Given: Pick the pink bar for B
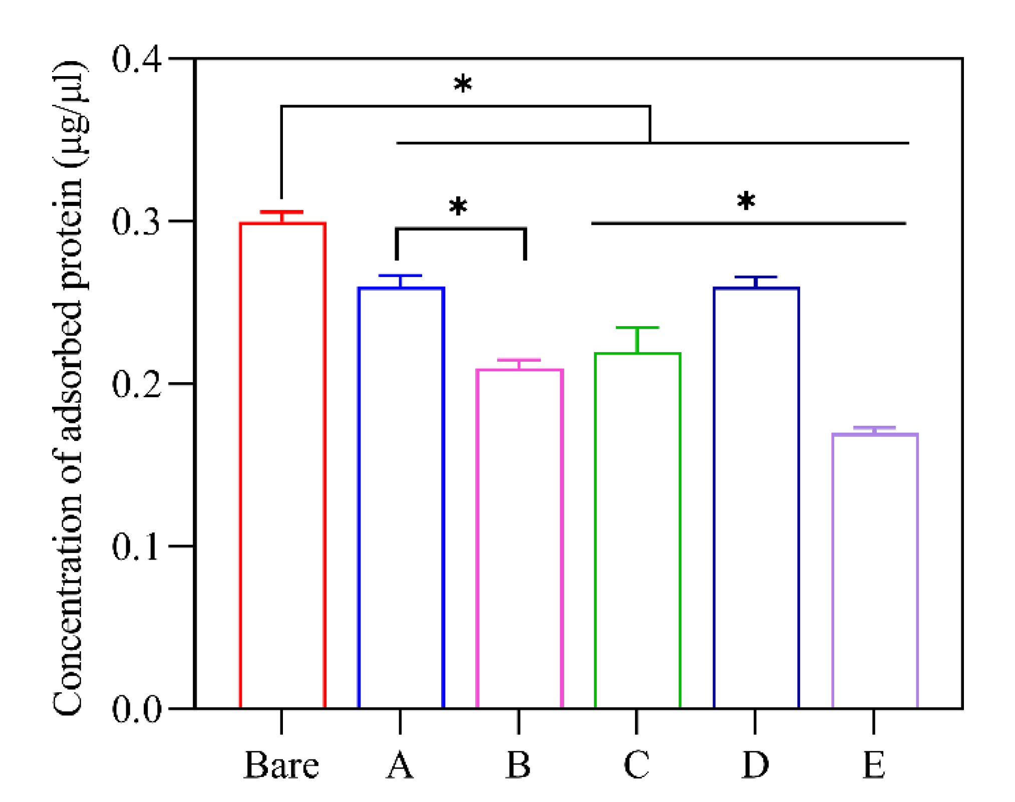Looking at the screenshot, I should [519, 538].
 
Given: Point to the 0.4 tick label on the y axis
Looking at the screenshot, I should [136, 60].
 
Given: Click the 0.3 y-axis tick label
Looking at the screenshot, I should [136, 221].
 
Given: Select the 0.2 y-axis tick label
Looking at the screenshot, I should [136, 384].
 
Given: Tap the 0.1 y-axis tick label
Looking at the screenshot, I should [136, 546].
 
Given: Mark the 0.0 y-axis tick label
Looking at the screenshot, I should [136, 709].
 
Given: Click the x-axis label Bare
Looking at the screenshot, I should [281, 765].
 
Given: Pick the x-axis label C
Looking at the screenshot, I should [636, 765].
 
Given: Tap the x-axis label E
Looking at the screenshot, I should [874, 765].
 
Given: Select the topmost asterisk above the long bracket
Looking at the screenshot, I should [463, 84].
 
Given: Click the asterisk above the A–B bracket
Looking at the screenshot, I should [458, 206].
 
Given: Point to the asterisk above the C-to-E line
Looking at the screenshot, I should [746, 201].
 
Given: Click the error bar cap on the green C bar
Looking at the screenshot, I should [637, 328].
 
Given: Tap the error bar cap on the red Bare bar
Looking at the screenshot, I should [281, 212].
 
